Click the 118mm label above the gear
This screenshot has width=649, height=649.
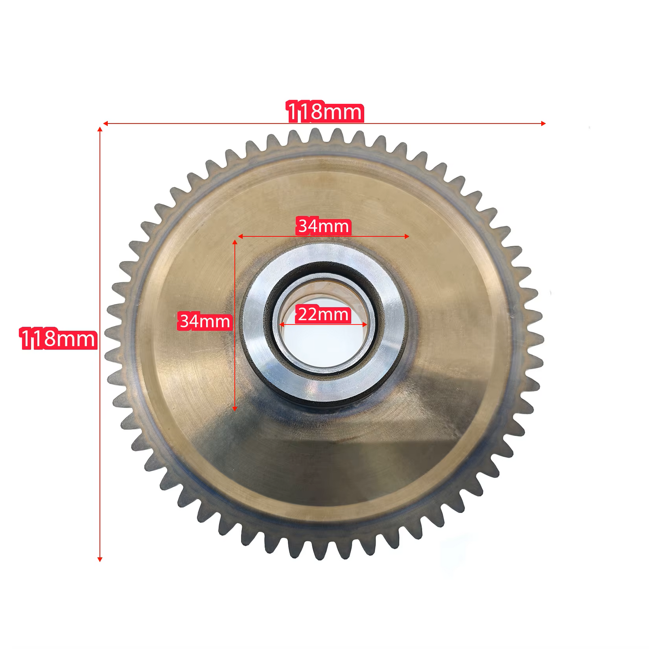tap(325, 111)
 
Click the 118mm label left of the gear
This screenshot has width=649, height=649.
tap(58, 339)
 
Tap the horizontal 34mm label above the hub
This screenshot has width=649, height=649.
tap(323, 226)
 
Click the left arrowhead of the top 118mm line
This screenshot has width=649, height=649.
tap(105, 124)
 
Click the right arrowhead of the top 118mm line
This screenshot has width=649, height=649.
tap(543, 124)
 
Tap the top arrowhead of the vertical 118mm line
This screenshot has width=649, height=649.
tap(100, 130)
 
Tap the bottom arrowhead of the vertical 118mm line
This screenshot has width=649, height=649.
tap(100, 560)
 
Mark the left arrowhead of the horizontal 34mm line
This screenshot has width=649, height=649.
tap(240, 236)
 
